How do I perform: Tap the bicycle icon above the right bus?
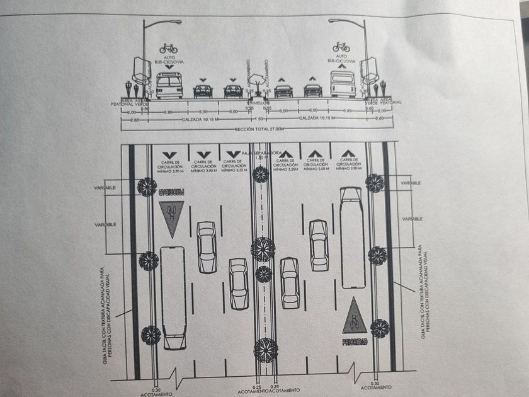point(341,47)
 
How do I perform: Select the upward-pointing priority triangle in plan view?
point(355,316)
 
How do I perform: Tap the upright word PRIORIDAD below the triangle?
point(355,342)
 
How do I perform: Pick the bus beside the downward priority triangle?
point(171,296)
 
